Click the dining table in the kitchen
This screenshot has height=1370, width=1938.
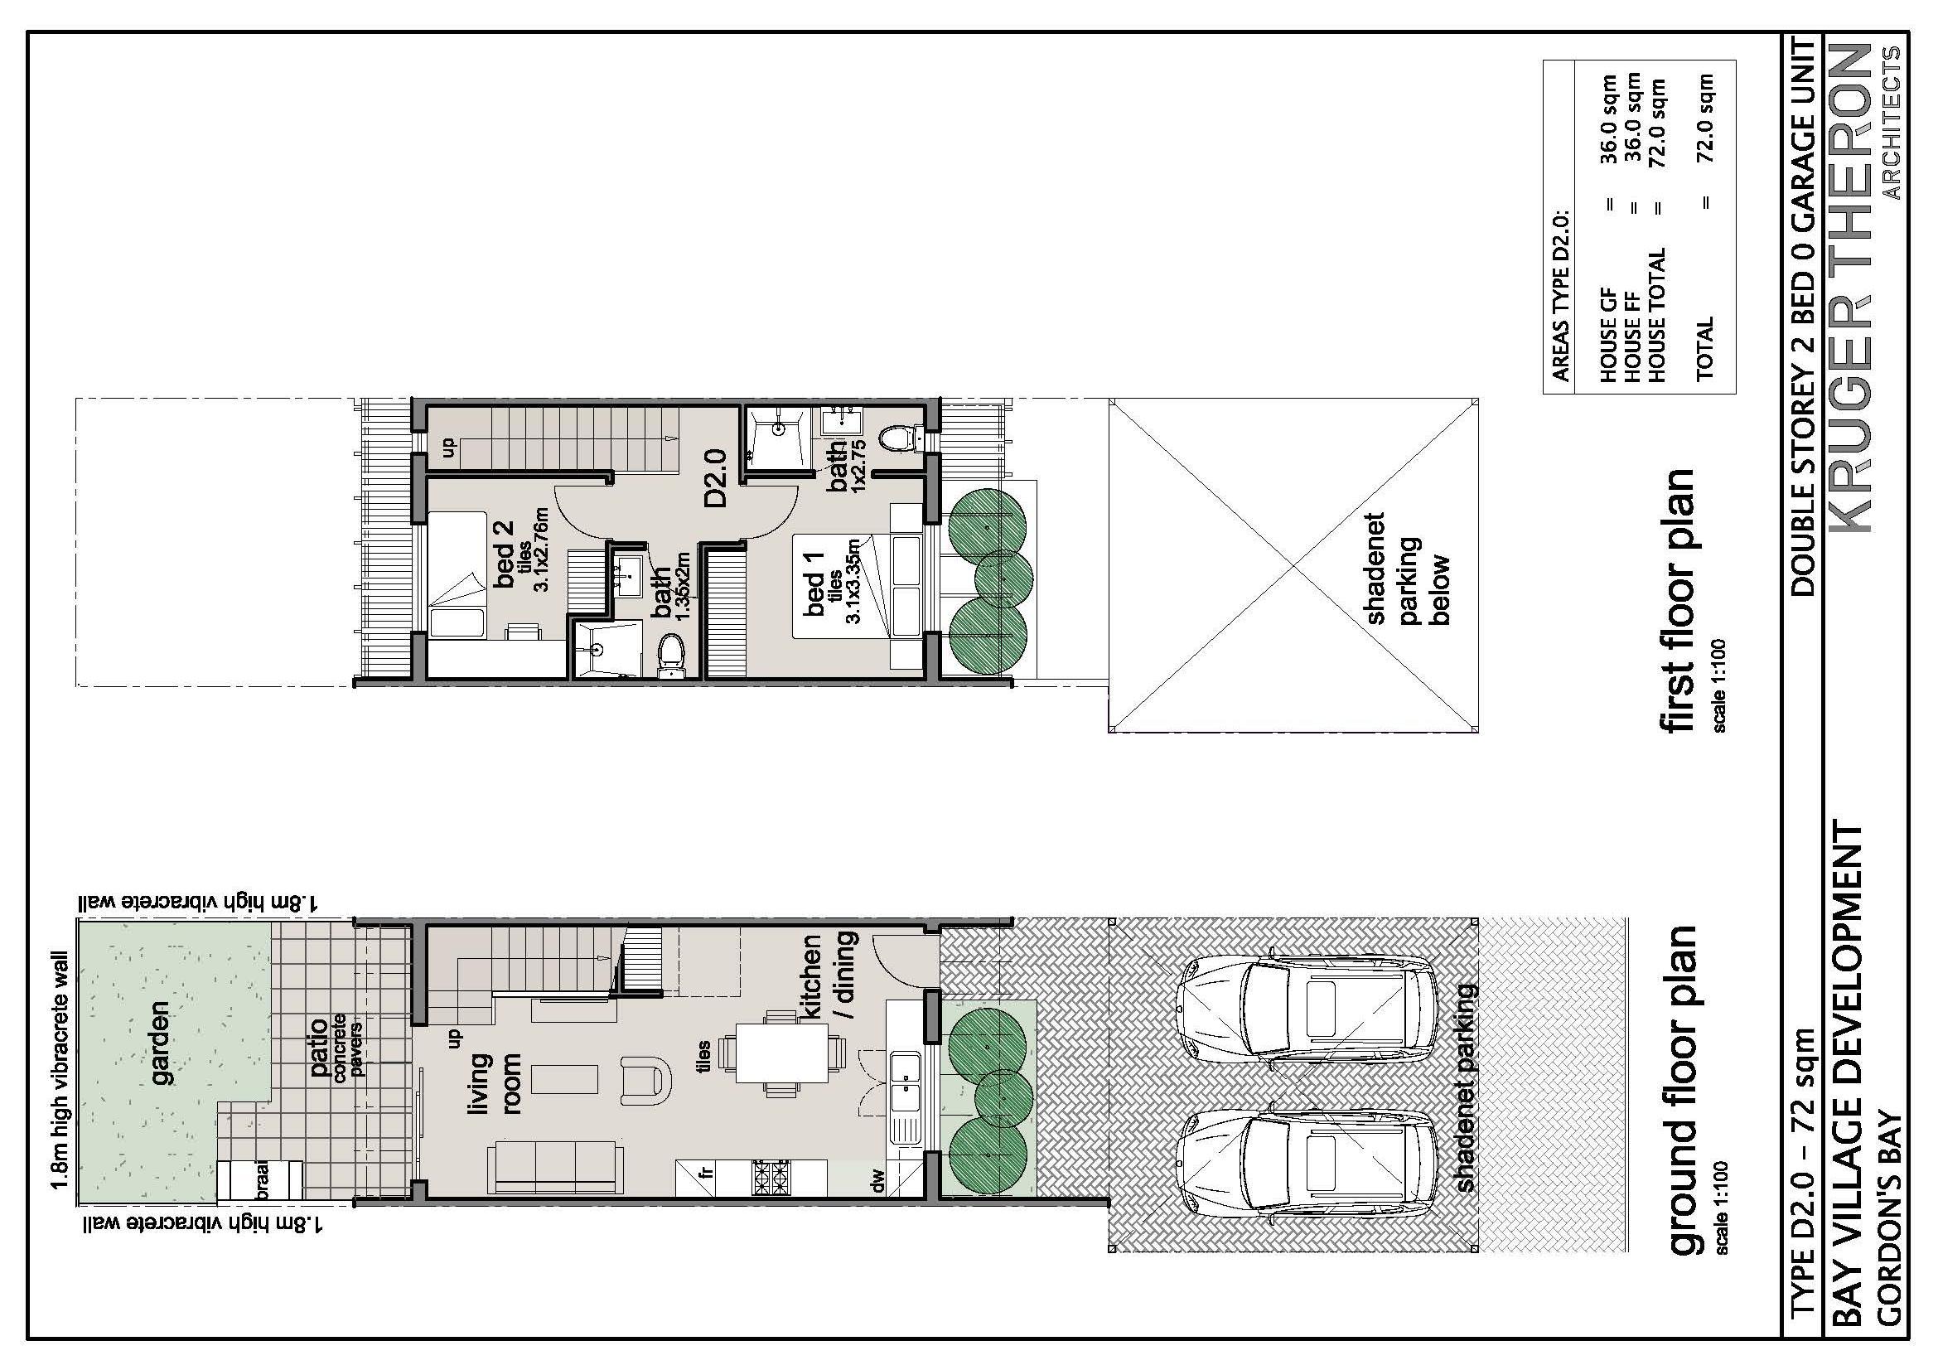(781, 1053)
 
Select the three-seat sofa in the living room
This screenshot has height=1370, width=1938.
(555, 1168)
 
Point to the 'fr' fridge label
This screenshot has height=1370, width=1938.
(708, 1173)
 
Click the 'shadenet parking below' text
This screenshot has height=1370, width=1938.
(1407, 568)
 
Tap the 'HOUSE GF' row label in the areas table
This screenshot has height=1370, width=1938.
(1609, 347)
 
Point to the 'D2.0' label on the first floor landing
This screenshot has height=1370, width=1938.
(716, 478)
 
